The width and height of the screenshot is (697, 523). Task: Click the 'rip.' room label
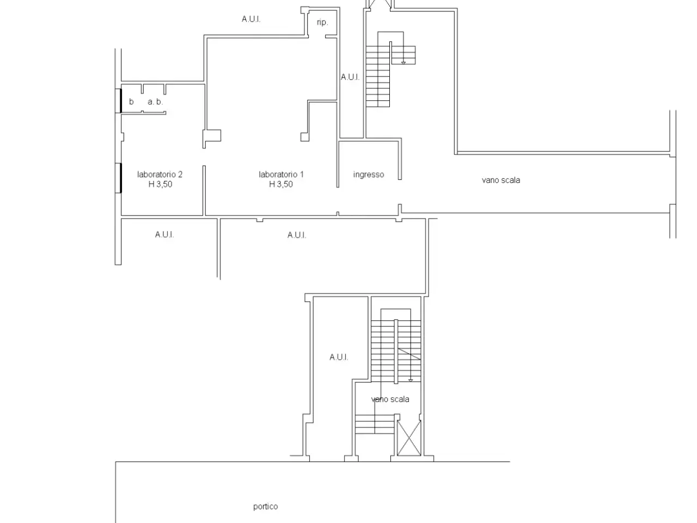(322, 22)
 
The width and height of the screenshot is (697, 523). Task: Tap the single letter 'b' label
(131, 102)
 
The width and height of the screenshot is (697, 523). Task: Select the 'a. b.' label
(155, 102)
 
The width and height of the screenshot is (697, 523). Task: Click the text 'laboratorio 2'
(160, 174)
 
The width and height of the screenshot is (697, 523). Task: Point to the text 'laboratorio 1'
(281, 174)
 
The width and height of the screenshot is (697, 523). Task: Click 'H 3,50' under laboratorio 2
(160, 184)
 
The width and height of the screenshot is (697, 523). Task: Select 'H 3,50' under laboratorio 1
(281, 184)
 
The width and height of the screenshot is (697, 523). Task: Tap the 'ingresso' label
(369, 175)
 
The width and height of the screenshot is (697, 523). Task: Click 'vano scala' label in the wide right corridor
(501, 180)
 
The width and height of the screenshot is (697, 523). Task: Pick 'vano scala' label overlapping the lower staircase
(390, 399)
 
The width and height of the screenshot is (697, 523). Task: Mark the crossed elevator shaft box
(409, 438)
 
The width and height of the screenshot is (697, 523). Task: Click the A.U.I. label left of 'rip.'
(251, 19)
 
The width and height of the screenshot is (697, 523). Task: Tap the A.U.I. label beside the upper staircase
(350, 77)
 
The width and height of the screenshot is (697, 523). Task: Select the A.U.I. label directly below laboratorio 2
(164, 234)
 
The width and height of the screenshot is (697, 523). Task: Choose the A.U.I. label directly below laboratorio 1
(297, 235)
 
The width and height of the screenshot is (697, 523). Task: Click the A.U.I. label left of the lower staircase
(339, 357)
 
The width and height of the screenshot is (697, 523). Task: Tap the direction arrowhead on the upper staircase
(403, 63)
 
